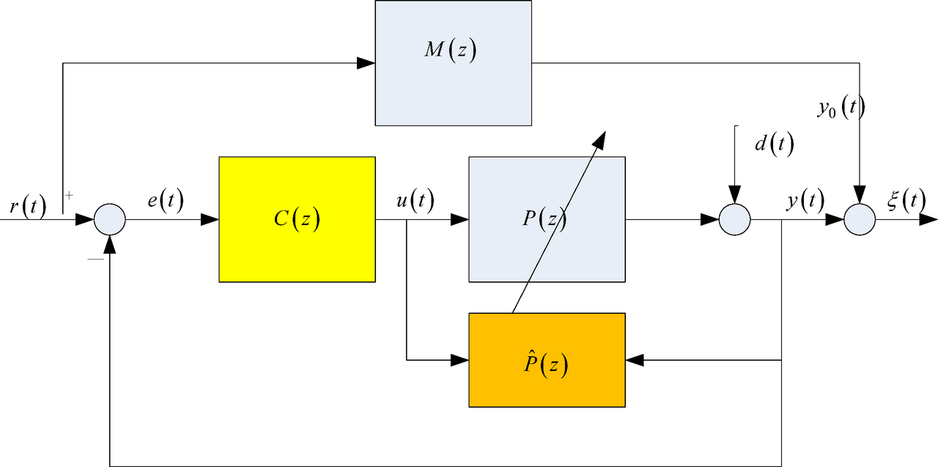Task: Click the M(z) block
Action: point(453,63)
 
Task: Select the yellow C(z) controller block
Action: point(297,219)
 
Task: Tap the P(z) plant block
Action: point(547,219)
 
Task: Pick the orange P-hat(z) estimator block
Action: point(547,360)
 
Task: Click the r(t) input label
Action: point(28,207)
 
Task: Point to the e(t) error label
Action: point(165,200)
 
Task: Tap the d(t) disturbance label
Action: point(773,144)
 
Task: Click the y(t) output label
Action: point(805,200)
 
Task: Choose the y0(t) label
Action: point(841,109)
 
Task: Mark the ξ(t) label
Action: point(904,200)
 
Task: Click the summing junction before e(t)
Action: point(110,219)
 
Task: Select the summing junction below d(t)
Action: point(734,219)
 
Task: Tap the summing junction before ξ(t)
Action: point(860,219)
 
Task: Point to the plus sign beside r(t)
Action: point(70,196)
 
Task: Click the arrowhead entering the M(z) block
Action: point(366,63)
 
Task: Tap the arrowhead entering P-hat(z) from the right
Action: point(635,360)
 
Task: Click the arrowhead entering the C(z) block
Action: point(210,219)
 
